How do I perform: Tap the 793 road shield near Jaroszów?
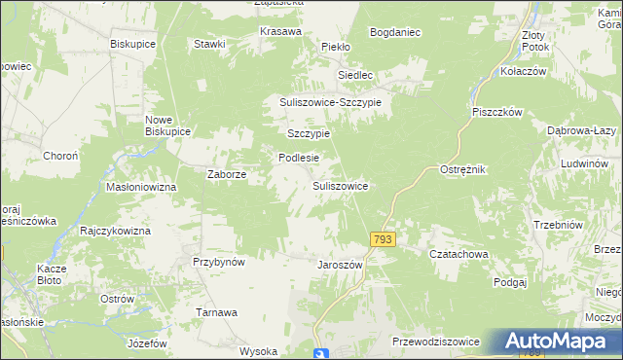[383, 238]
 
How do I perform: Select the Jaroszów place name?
[340, 265]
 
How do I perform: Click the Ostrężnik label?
[462, 169]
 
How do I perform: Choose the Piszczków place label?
[497, 112]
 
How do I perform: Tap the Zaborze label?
[227, 175]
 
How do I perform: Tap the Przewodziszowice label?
[435, 342]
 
